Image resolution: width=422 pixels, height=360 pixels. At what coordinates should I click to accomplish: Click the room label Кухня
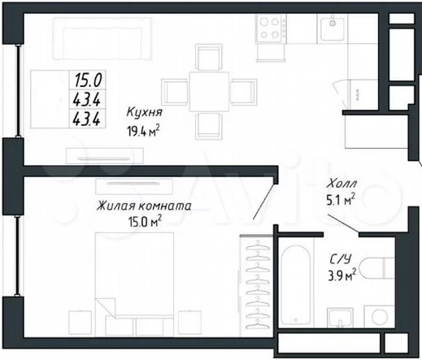click(x=144, y=112)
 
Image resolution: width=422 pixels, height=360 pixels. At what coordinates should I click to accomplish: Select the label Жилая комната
click(x=144, y=206)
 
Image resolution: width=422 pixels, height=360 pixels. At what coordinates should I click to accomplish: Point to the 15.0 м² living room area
click(x=145, y=222)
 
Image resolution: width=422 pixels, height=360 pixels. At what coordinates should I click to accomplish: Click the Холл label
click(x=342, y=184)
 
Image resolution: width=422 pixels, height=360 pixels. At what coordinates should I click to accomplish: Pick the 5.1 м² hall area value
click(x=341, y=200)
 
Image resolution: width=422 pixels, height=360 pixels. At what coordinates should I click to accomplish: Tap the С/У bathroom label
click(x=340, y=259)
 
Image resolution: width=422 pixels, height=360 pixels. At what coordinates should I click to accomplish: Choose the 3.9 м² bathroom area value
click(x=342, y=275)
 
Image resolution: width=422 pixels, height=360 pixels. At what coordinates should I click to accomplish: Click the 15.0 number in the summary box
click(x=88, y=80)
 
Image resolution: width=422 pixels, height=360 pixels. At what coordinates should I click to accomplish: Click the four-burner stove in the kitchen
click(x=271, y=28)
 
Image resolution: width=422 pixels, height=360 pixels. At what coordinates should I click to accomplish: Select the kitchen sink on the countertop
click(x=333, y=28)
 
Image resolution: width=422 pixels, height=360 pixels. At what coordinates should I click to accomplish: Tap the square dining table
click(x=209, y=91)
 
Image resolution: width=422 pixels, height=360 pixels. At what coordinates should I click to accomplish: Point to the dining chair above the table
click(x=209, y=58)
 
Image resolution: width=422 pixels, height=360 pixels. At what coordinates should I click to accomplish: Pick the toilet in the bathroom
click(x=376, y=268)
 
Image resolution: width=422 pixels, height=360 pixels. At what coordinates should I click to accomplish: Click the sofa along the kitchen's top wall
click(x=102, y=38)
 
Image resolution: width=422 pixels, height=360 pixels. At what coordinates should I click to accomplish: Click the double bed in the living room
click(x=134, y=275)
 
